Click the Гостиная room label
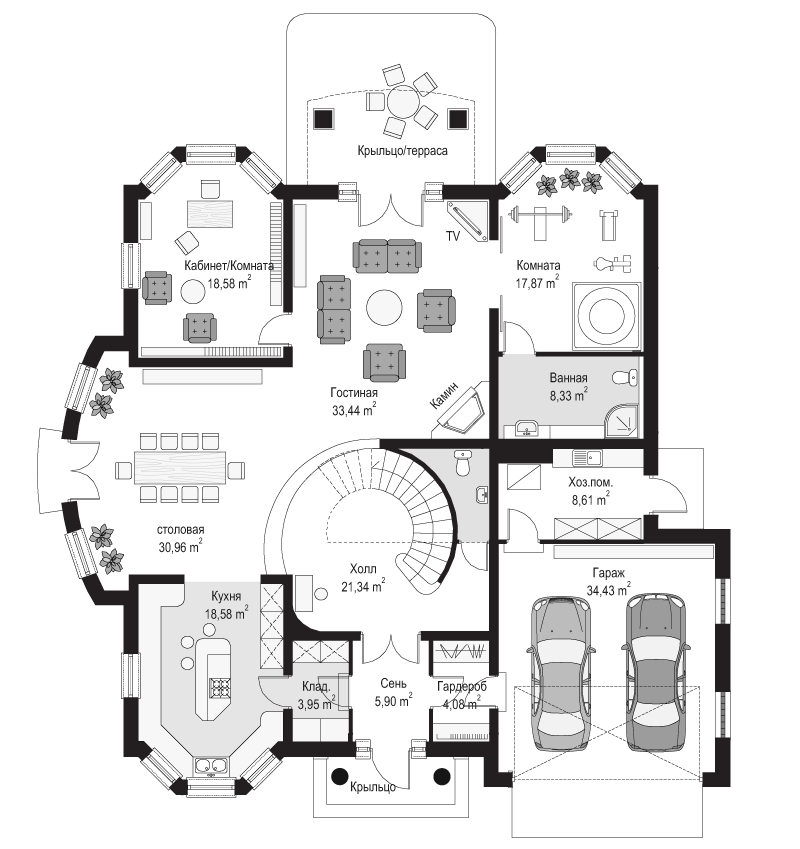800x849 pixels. coord(354,393)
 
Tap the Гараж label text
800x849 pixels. coord(608,572)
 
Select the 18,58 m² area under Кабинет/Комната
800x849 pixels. coord(229,283)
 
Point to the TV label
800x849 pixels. coord(453,236)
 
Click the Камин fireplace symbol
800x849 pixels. coord(461,408)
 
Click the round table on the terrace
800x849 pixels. coord(403,101)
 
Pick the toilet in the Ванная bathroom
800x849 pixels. coord(626,377)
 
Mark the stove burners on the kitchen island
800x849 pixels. coord(220,688)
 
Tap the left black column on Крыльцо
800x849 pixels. coord(339,776)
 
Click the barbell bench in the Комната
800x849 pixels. coord(540,220)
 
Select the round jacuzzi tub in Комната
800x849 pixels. coord(607,316)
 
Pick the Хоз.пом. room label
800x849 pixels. coord(591,481)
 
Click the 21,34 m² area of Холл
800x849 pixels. coord(363,586)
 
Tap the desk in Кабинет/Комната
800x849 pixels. coord(210,213)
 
